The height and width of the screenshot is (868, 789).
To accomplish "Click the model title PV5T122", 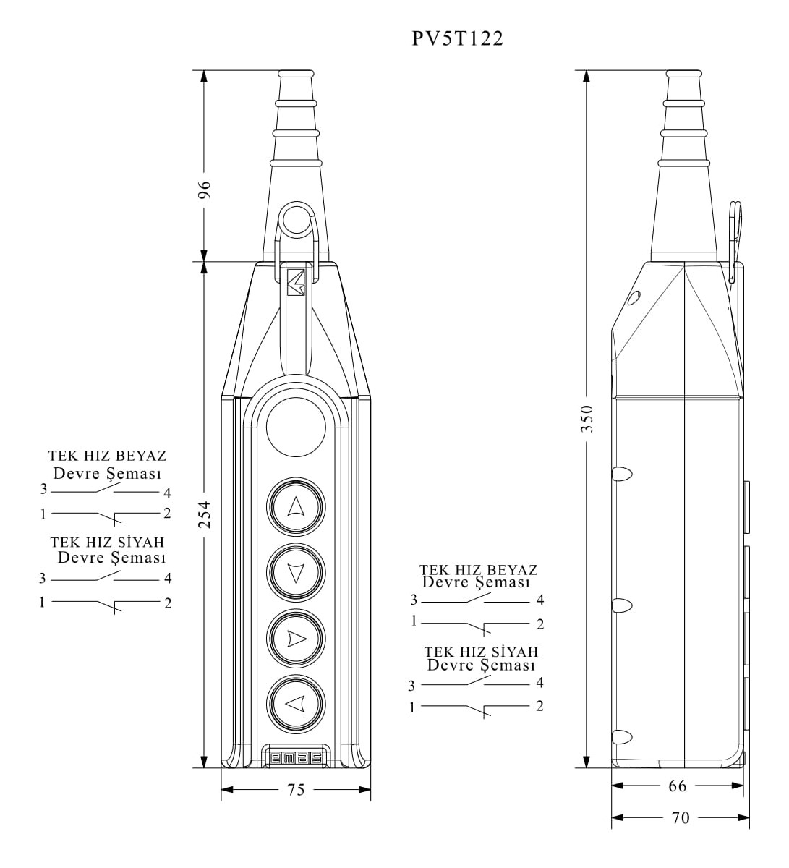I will tap(457, 38).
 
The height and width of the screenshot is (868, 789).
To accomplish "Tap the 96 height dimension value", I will tap(205, 190).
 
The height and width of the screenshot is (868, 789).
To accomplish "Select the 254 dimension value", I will tap(205, 514).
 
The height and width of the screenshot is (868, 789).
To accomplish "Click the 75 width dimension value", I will tap(296, 790).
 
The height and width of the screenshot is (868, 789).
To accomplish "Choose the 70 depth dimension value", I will tap(681, 818).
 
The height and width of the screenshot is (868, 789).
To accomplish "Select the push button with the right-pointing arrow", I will tap(296, 638).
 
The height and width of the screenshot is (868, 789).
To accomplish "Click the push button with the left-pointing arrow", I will tap(296, 703).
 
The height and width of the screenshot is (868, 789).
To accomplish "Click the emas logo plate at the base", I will tap(296, 757).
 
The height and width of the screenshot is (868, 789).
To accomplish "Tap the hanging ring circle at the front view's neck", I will tap(296, 221).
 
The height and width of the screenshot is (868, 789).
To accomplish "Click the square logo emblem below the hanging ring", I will tap(296, 283).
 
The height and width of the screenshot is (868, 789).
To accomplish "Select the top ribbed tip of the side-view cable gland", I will tap(683, 75).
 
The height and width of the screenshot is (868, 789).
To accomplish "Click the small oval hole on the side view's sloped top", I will tap(634, 297).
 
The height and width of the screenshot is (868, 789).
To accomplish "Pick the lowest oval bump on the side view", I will tap(621, 738).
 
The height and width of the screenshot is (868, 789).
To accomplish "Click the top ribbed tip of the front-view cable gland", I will tap(296, 75).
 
